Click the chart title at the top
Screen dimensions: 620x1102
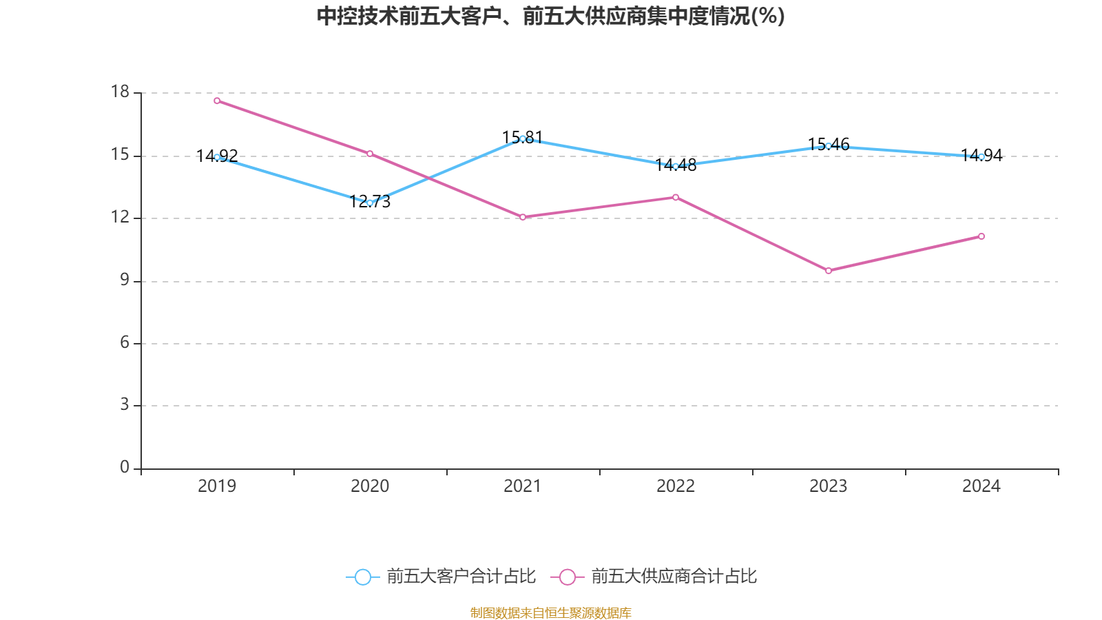tap(550, 17)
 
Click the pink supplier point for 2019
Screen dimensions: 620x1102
tap(217, 101)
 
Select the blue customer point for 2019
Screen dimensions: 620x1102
tap(217, 157)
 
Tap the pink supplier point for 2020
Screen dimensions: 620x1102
tap(370, 154)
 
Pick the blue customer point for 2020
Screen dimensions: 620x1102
tap(370, 203)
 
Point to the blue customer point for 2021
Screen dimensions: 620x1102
tap(523, 138)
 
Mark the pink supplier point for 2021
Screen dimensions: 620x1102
tap(523, 217)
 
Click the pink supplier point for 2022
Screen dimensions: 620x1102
tap(676, 197)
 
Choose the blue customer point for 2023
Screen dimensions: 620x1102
tap(829, 146)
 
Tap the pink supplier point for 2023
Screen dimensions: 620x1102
tap(829, 271)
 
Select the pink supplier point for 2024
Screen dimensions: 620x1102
tap(981, 236)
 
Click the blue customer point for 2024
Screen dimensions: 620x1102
tap(981, 156)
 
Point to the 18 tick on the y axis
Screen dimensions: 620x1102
tap(120, 92)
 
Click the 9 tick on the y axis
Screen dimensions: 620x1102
tap(125, 280)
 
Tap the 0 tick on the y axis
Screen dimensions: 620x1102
tap(125, 467)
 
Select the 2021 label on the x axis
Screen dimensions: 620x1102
tap(523, 486)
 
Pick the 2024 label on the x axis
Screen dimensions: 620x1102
tap(981, 486)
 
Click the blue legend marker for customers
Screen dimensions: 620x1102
tap(362, 577)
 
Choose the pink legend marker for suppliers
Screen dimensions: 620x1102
tap(568, 577)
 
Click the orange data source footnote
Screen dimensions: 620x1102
tap(550, 612)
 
